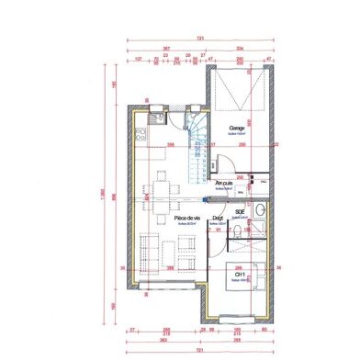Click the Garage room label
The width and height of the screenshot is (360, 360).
click(236, 128)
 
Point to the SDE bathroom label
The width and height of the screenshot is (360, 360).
click(240, 211)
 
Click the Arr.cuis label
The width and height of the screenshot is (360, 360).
click(223, 183)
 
